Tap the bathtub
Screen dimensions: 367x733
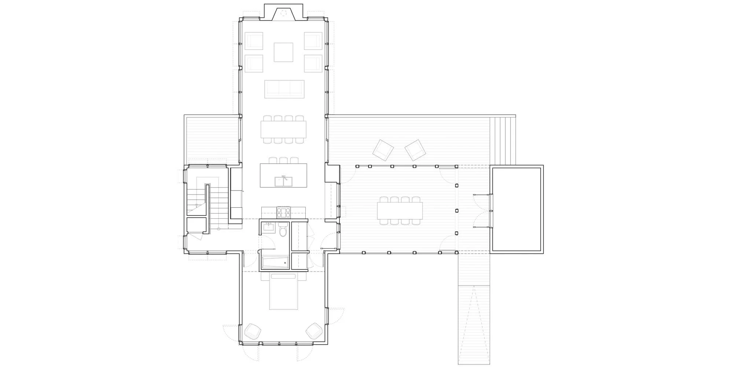275,262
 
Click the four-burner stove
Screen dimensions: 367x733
284,212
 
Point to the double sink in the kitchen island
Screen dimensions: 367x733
283,181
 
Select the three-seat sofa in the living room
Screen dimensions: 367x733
284,89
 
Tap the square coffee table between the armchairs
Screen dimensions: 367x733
283,52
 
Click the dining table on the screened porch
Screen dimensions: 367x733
400,210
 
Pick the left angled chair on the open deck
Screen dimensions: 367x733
383,149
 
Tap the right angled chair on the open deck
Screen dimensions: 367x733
415,150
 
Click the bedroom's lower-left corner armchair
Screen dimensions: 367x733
253,331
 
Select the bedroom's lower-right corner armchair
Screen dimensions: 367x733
314,331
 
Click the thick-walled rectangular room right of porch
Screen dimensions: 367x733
516,209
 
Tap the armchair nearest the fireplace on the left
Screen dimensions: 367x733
254,41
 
